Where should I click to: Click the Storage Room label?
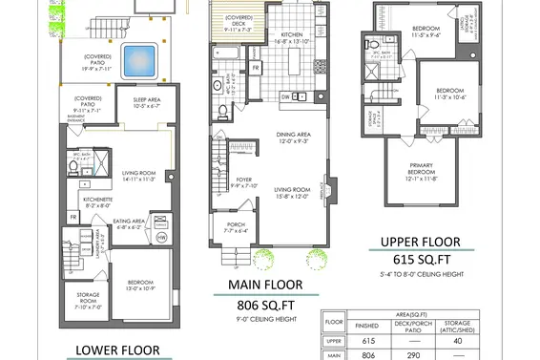coord(83,302)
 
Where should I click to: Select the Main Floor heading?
coord(265,285)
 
